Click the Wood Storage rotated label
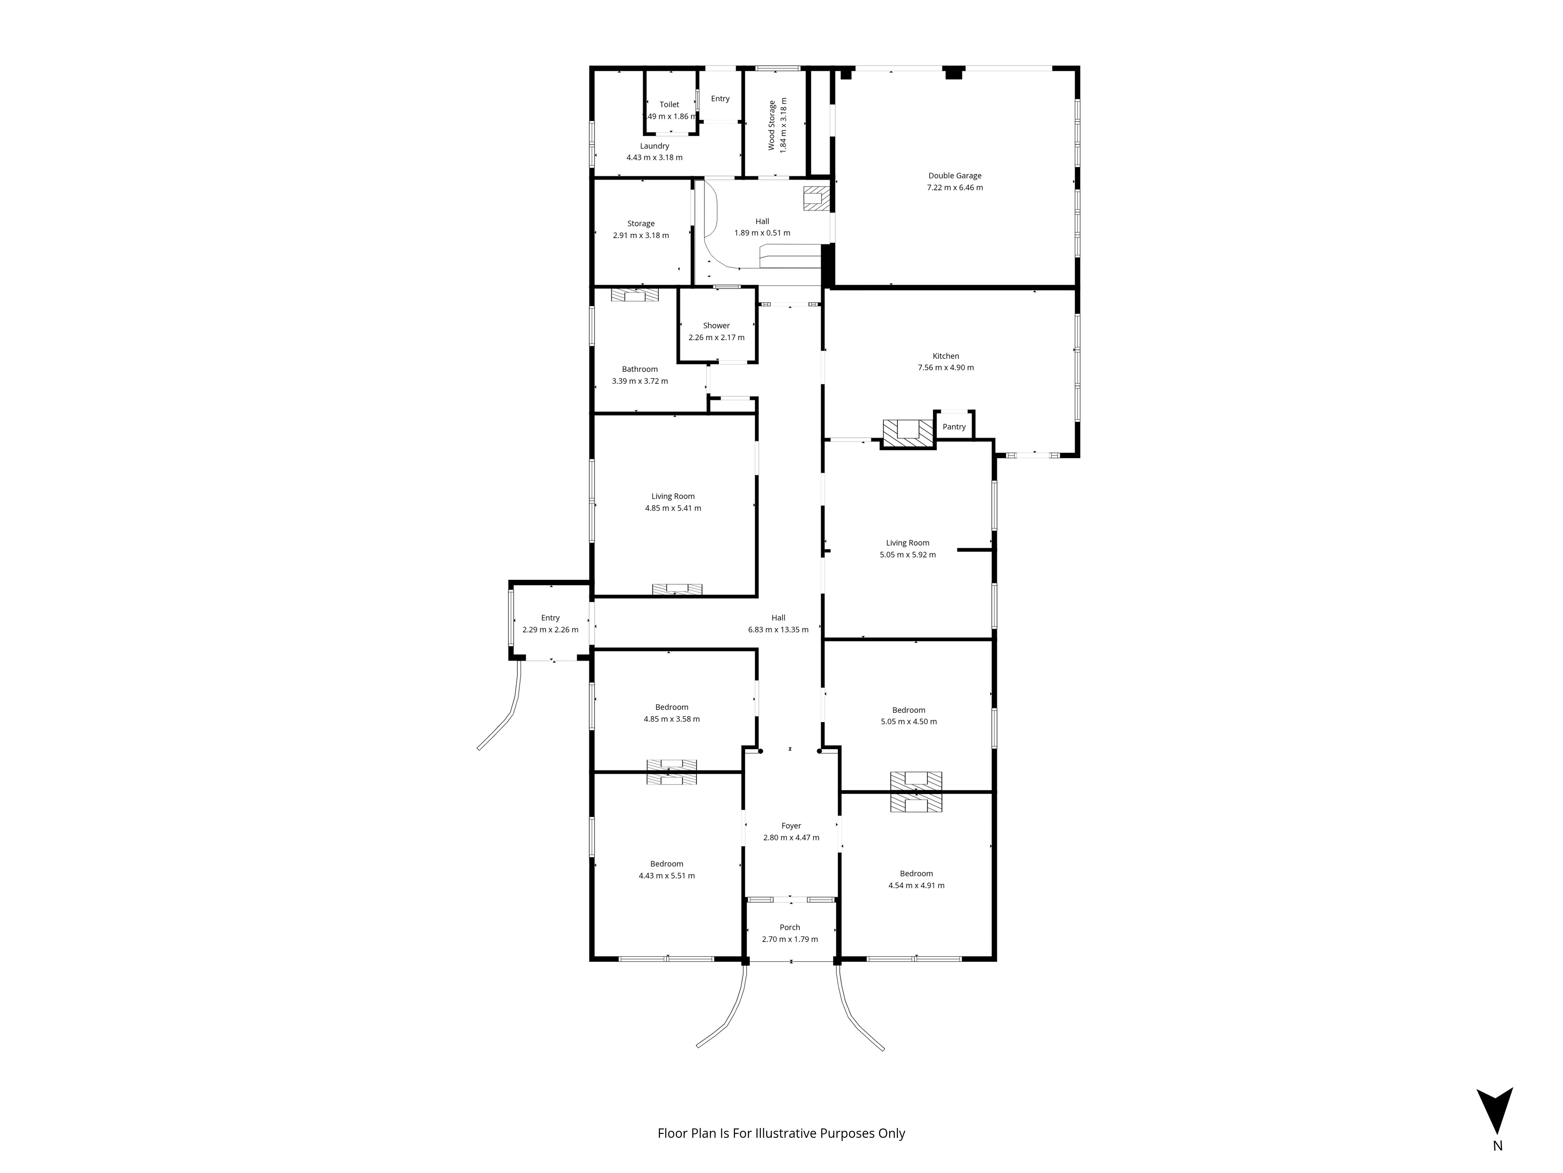(x=772, y=125)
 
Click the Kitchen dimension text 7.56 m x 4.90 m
(x=946, y=368)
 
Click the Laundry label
(x=655, y=146)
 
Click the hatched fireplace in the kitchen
(x=908, y=433)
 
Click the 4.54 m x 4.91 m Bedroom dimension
(x=916, y=885)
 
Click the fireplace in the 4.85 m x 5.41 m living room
(x=677, y=588)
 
